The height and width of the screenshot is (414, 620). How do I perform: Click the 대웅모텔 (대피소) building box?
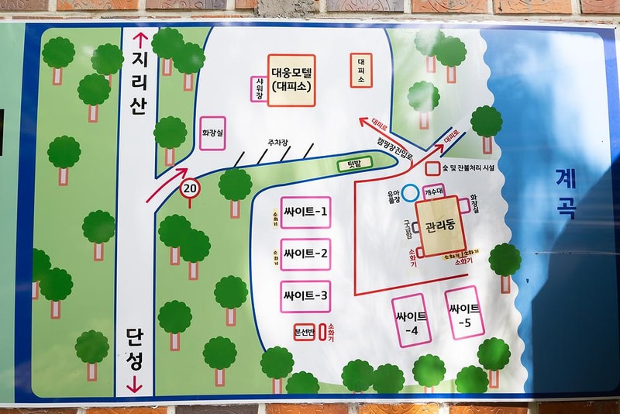[291, 81]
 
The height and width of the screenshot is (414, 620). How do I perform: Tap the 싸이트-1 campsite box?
[305, 212]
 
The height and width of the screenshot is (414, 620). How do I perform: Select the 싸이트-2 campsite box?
[305, 254]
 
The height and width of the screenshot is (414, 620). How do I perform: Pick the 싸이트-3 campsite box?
[305, 296]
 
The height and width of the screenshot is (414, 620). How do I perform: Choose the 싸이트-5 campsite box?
[465, 312]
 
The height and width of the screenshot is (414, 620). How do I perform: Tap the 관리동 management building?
[439, 228]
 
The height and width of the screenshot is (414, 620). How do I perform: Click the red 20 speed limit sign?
[189, 188]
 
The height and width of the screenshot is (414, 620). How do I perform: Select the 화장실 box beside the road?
[212, 133]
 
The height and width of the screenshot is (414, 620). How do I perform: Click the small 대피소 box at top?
[361, 70]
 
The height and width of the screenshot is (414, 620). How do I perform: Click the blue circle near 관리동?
[410, 191]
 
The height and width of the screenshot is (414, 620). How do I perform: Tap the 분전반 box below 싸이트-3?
[304, 333]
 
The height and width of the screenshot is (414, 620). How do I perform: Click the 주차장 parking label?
[277, 143]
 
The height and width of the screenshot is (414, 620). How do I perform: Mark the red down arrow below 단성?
[136, 382]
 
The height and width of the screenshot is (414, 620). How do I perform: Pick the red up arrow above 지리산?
[140, 40]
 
